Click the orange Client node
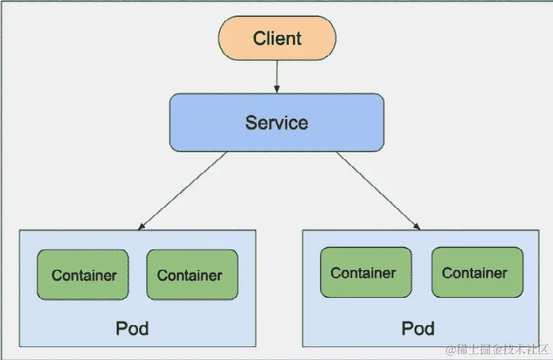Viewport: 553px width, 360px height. click(x=276, y=38)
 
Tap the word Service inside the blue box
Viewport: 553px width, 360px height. click(x=276, y=123)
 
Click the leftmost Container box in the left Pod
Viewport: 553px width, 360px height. click(x=83, y=275)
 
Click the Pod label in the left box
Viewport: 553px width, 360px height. click(x=132, y=329)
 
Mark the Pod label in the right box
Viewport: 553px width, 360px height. click(x=418, y=329)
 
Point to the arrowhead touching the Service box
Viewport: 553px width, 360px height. click(x=276, y=89)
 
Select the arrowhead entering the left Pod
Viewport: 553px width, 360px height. click(x=142, y=225)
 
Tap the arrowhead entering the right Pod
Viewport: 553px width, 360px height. click(x=416, y=225)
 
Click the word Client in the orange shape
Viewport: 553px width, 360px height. click(x=276, y=38)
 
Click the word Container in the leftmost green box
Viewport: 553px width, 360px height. click(x=84, y=276)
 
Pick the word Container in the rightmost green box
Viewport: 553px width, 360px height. click(x=475, y=273)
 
